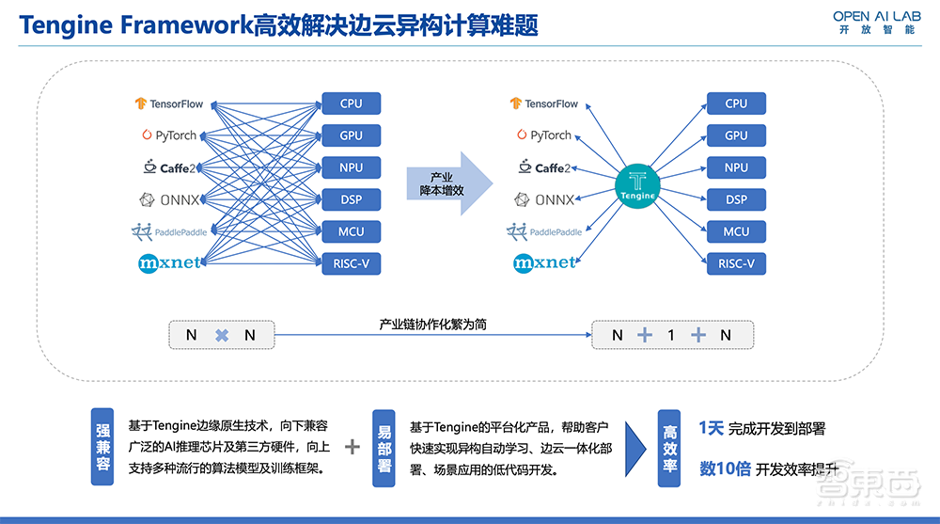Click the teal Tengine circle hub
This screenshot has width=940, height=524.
point(637,183)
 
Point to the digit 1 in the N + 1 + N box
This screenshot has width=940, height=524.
point(671,335)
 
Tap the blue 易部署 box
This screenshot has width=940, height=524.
point(383,447)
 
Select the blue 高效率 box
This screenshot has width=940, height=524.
point(667,447)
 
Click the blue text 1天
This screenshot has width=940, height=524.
point(712,428)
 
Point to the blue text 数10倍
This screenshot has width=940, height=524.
point(725,468)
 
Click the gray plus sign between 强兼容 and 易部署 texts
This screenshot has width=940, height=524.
point(352,447)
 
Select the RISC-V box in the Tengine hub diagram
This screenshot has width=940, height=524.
point(736,263)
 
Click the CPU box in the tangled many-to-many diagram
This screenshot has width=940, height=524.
point(351,103)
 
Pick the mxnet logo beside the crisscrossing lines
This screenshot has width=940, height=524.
point(169,262)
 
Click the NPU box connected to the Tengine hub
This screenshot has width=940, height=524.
point(736,167)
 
